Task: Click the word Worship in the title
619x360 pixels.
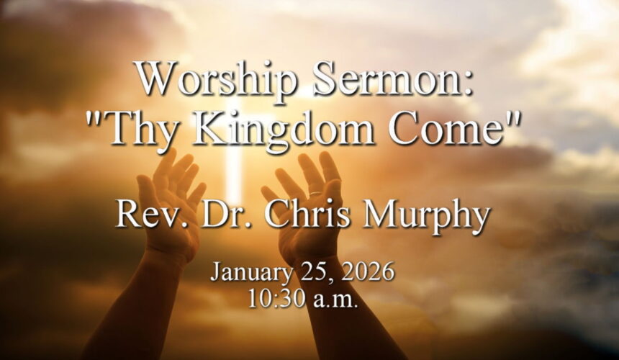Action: click(213, 79)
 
